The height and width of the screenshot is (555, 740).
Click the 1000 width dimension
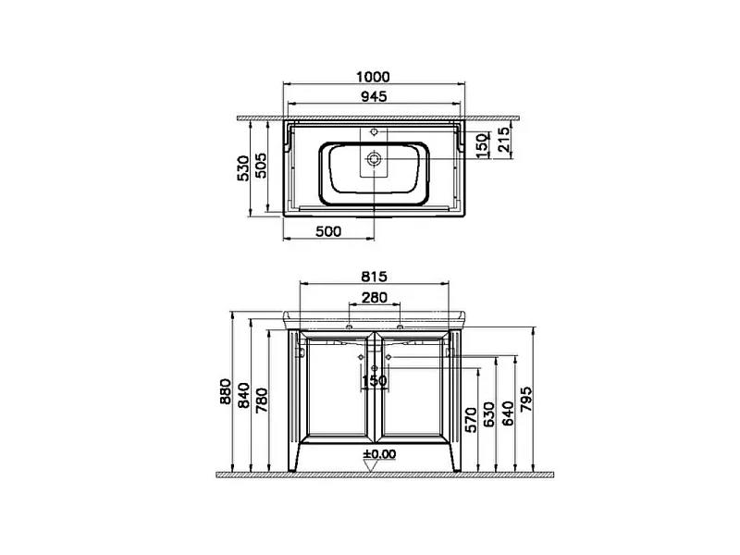[373, 77]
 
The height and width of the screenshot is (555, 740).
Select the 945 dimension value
[374, 96]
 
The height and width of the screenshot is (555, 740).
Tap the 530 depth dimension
[243, 168]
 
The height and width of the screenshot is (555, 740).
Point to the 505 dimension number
[261, 166]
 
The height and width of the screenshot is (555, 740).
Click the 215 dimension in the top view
[504, 140]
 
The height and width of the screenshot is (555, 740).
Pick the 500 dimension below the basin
[328, 231]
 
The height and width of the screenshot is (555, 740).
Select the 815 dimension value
[374, 276]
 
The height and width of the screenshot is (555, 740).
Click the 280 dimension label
[375, 297]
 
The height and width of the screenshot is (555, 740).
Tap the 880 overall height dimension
[226, 391]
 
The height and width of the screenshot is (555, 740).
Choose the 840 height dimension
[243, 396]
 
